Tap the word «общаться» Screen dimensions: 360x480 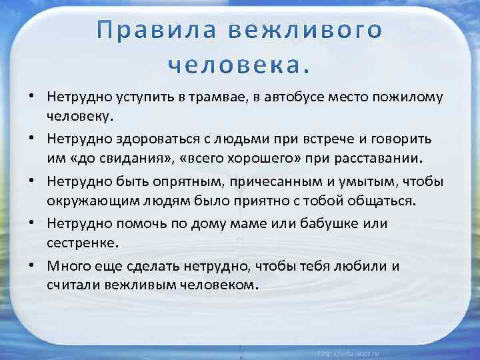point(374,201)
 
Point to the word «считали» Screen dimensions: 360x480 point(69,284)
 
